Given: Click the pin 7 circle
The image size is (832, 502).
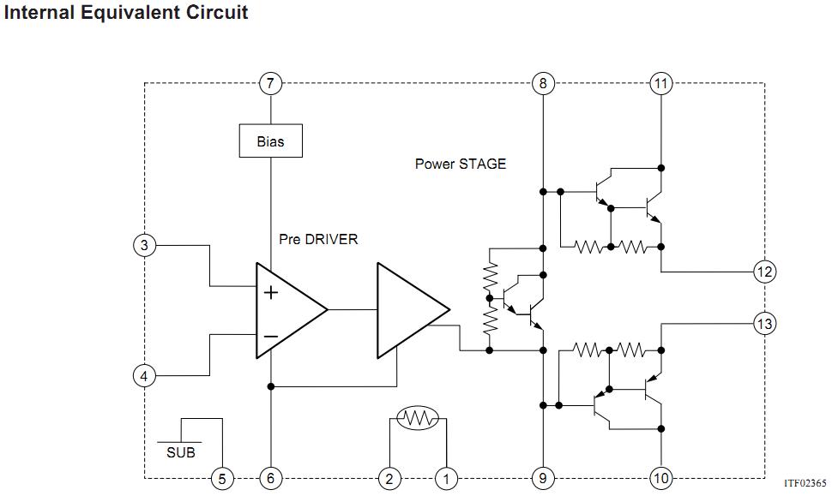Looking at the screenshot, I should tap(271, 83).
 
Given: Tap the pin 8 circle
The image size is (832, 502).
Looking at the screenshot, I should tap(542, 83).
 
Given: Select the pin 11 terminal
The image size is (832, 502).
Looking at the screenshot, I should tap(660, 83).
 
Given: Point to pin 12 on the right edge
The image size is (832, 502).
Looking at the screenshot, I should tap(764, 272).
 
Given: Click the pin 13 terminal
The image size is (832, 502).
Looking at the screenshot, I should tap(764, 323).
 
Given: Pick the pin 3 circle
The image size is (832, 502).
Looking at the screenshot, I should tap(144, 245).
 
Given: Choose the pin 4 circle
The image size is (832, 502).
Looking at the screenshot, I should tap(144, 375).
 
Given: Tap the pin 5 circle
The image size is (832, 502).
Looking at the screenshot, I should tap(222, 479).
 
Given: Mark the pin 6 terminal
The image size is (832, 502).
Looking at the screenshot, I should tap(271, 479).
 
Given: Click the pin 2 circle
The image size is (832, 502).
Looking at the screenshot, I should tap(389, 479).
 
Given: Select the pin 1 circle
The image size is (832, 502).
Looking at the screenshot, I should tap(446, 479).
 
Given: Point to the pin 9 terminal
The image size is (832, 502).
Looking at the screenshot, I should tap(542, 479).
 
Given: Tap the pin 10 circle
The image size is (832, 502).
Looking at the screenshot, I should tap(660, 479).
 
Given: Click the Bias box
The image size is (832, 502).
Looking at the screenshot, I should tap(271, 141).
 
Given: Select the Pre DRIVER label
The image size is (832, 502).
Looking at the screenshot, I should tap(318, 239).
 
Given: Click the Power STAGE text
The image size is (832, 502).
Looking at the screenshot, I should tap(461, 164).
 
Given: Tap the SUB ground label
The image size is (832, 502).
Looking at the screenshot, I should tap(181, 452).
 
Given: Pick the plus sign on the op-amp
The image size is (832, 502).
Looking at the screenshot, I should tap(271, 293).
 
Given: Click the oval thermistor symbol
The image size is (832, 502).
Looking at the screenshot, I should tap(418, 419).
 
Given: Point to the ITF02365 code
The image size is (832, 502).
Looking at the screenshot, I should tap(805, 484).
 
